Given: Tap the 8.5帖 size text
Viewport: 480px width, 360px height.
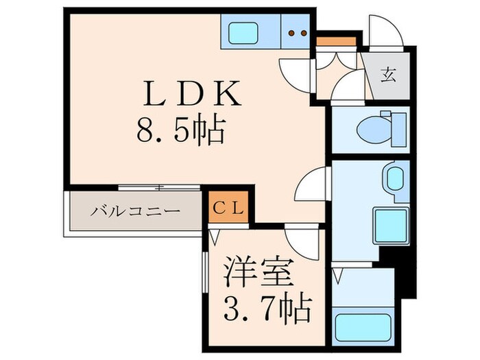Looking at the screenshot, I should click(182, 130).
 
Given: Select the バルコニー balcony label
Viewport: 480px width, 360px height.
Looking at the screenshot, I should click(136, 211).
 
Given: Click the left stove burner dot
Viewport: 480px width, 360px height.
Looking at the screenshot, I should click(290, 32).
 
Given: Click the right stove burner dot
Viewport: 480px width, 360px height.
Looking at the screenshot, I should click(302, 32).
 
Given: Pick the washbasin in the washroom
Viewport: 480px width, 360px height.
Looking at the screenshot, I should click(394, 180).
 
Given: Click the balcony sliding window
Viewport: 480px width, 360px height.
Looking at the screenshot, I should click(159, 187).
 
